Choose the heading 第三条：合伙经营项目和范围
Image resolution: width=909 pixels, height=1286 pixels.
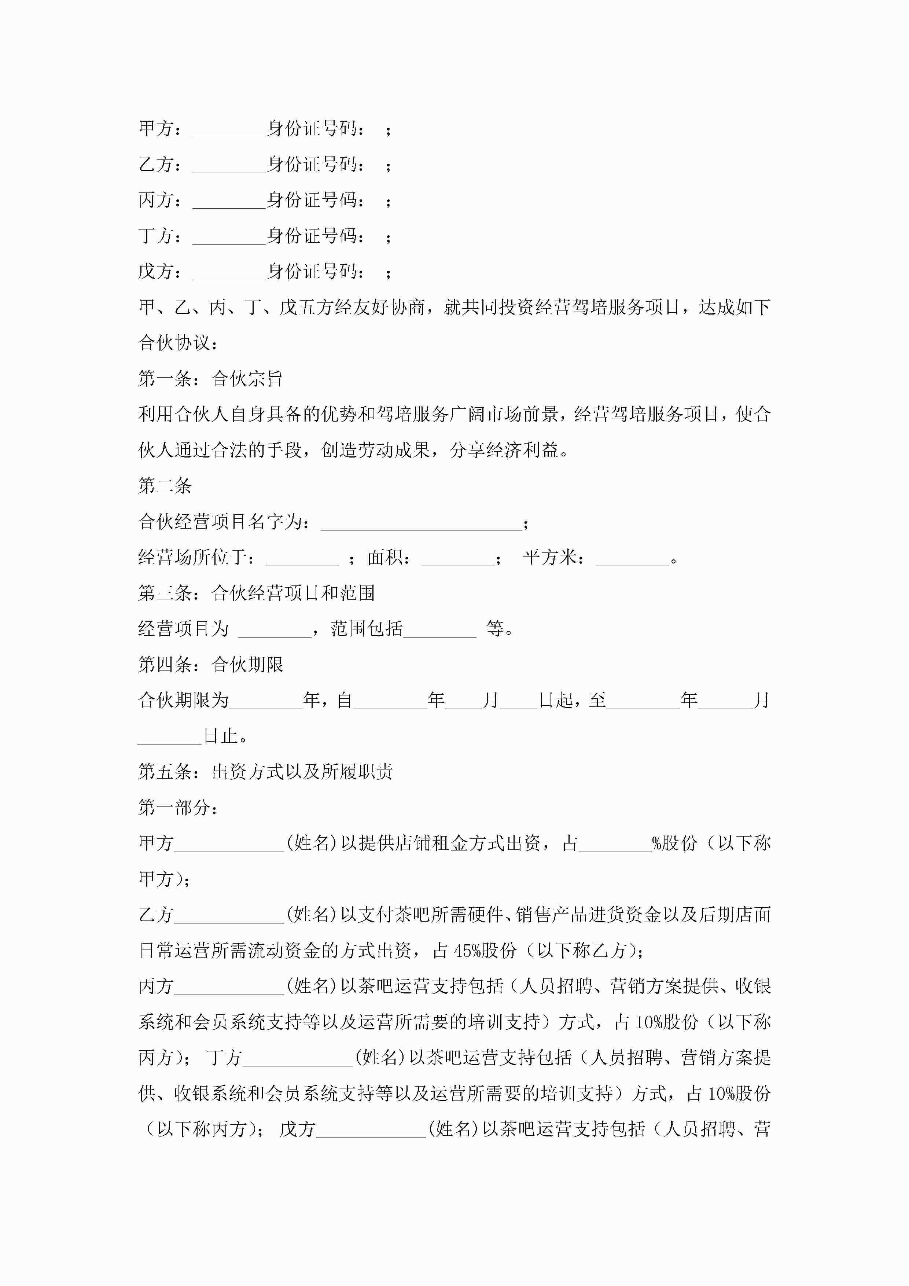(256, 592)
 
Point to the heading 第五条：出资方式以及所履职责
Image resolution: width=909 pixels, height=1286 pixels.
(265, 771)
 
